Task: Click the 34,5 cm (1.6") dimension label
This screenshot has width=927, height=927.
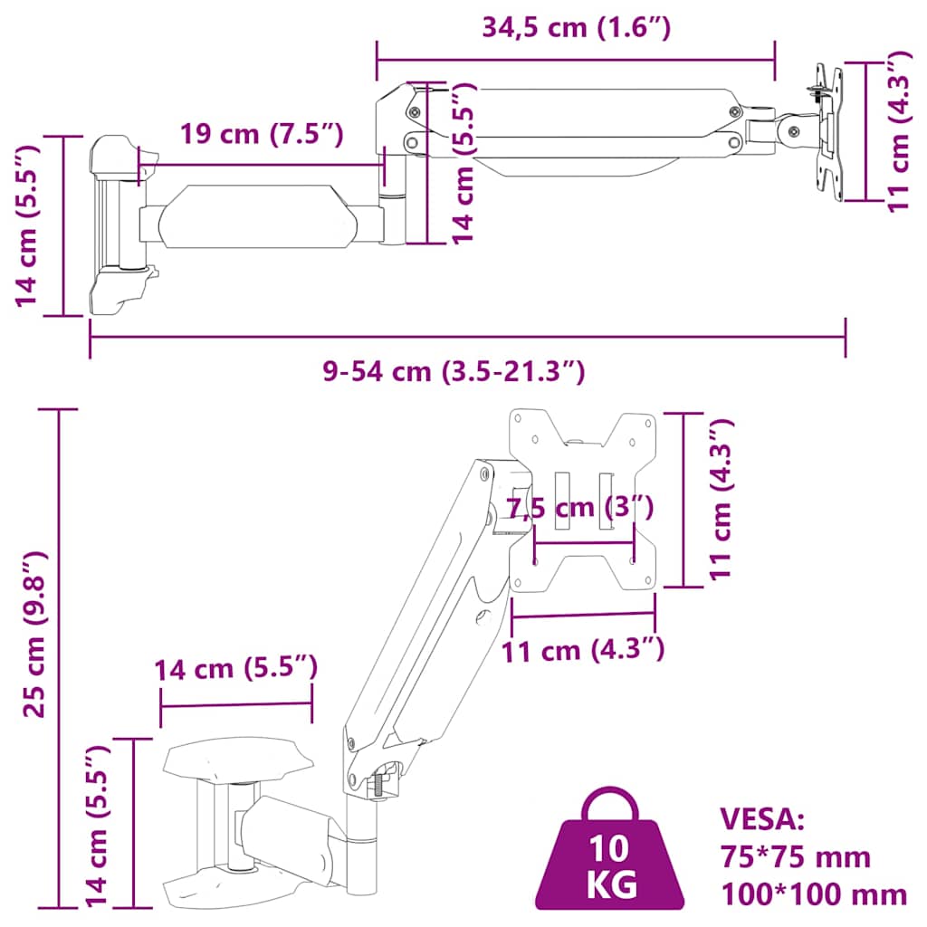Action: click(x=576, y=27)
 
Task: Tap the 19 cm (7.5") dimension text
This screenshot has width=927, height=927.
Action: click(x=261, y=134)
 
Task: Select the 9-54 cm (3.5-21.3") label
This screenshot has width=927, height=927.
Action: click(x=454, y=371)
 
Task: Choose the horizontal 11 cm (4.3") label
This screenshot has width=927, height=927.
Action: click(x=585, y=649)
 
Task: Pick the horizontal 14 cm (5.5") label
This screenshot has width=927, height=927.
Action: click(x=235, y=670)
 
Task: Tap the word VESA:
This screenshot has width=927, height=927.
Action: click(x=761, y=818)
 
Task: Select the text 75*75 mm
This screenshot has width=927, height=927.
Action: click(x=795, y=856)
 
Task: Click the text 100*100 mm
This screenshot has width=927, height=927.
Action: click(x=813, y=894)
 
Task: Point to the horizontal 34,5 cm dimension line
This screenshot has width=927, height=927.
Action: click(x=576, y=60)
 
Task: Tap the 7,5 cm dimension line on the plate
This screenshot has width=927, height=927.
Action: click(x=583, y=542)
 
